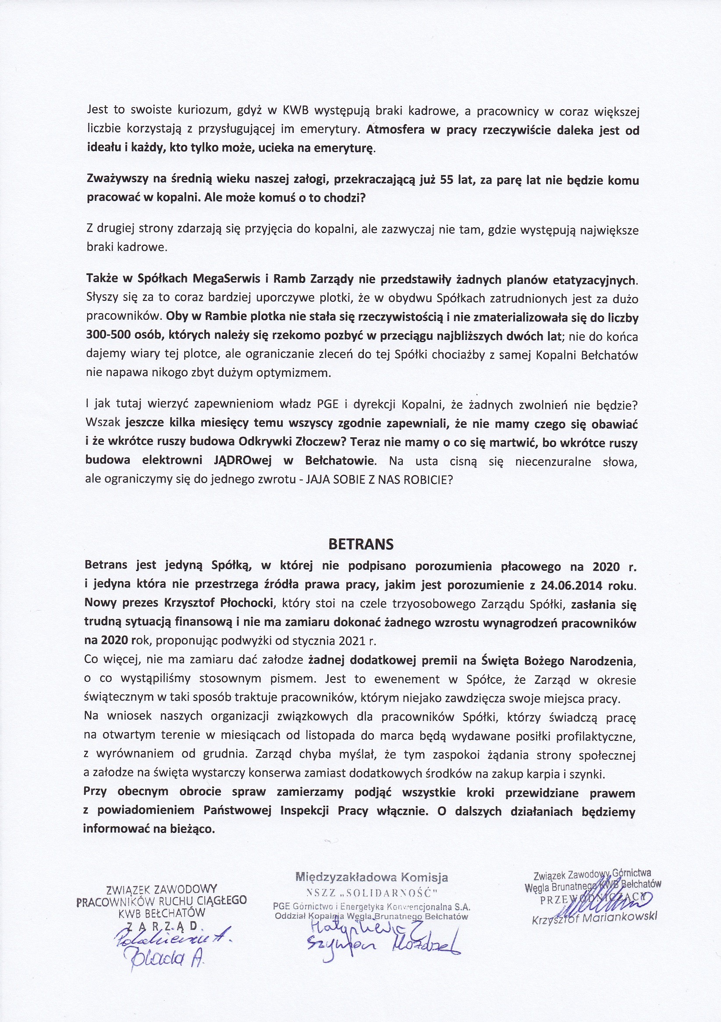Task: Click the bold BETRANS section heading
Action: point(361,544)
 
